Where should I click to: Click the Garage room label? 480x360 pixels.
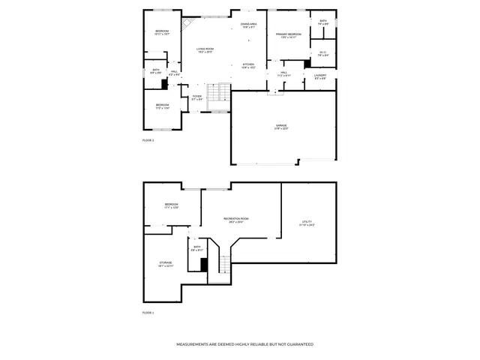point(281,127)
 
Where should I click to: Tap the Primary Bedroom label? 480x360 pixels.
point(288,35)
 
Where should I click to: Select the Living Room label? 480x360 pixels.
point(205,50)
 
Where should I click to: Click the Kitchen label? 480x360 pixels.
point(248,66)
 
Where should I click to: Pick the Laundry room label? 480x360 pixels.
point(319,76)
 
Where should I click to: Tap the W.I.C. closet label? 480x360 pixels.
point(322,53)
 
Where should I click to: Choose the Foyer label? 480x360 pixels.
point(196,97)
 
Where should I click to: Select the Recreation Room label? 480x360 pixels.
point(235,220)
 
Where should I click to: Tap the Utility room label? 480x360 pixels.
point(307,223)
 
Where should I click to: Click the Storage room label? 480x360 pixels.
point(166,264)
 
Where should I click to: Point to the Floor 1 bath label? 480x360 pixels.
point(197,248)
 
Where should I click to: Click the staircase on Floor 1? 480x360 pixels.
point(223,264)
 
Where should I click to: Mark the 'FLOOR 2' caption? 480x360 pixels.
point(148,140)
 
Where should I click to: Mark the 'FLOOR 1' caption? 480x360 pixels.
point(148,312)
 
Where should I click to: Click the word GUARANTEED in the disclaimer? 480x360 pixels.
point(298,344)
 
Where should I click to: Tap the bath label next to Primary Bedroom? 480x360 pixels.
point(322,22)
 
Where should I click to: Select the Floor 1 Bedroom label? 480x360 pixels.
point(171,206)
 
